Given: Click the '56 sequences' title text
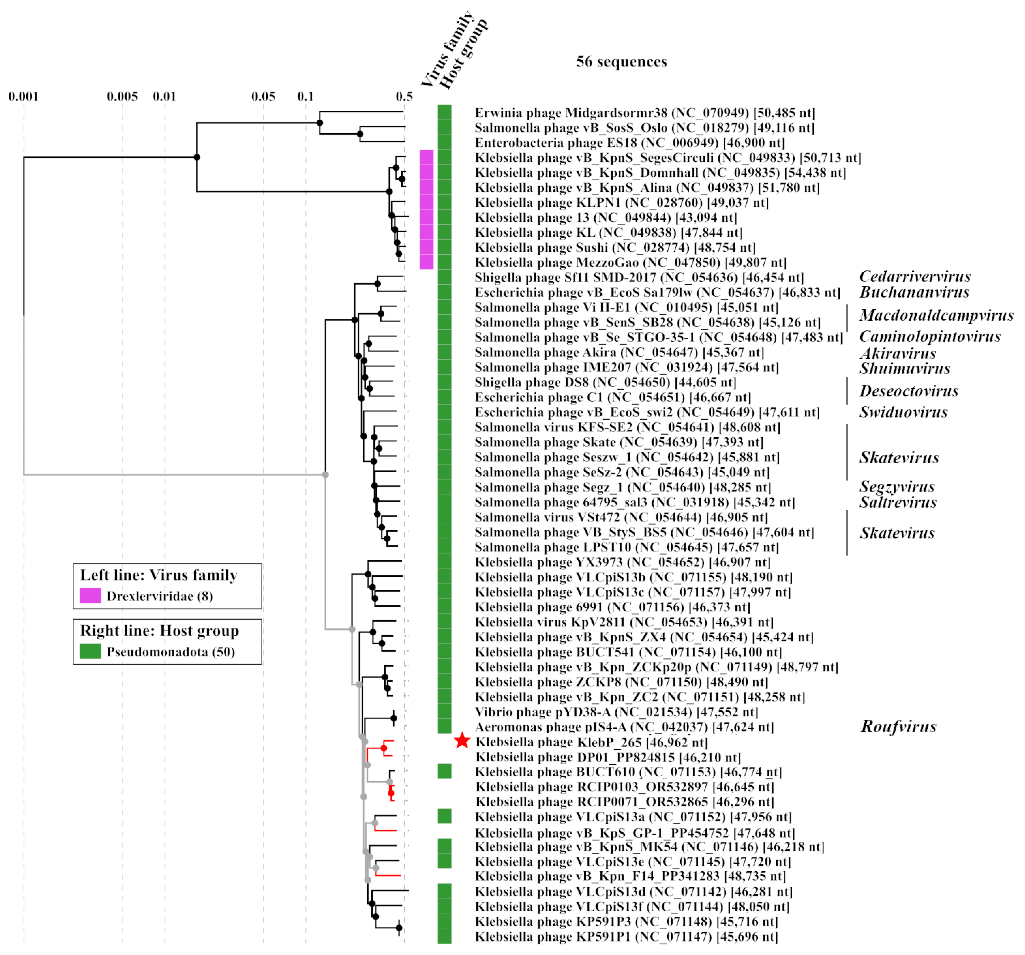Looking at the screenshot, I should click(x=621, y=62).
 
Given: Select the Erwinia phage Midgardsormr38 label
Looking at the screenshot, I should click(x=644, y=113).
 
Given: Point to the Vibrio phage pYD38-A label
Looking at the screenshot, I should click(x=616, y=712).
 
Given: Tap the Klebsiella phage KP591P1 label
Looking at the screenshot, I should click(x=626, y=936).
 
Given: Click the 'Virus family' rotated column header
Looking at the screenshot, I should click(x=446, y=49).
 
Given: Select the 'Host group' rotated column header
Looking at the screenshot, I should click(x=463, y=54).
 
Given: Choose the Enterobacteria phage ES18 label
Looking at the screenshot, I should click(x=629, y=143).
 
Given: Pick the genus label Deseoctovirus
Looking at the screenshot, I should click(x=908, y=391).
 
